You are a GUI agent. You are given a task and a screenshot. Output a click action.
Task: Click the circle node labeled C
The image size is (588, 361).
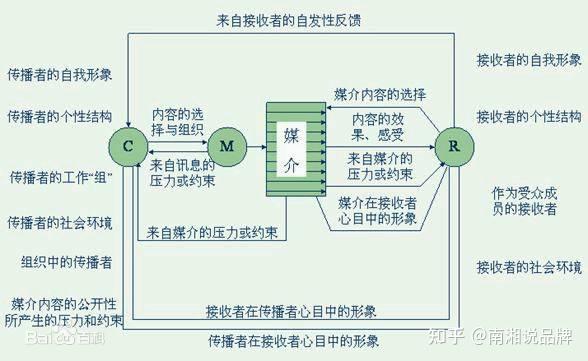click(x=128, y=146)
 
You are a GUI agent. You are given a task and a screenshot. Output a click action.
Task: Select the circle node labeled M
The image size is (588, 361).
click(x=226, y=146)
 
